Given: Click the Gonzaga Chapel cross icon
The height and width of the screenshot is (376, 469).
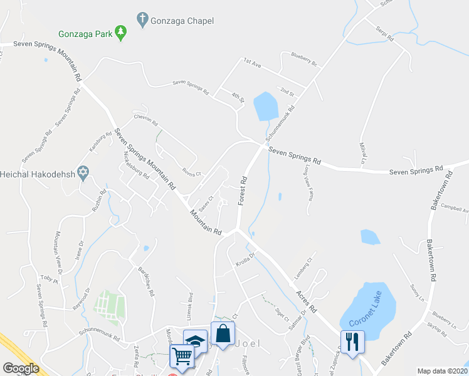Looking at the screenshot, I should pos(142,21).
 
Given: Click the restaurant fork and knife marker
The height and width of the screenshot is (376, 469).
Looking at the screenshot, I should pos(352,342).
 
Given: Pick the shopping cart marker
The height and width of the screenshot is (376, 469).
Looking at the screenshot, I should pos(182,356).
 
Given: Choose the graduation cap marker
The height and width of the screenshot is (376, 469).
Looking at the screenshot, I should pos(196,341).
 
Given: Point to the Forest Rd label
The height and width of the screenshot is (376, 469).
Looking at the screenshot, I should pos(243,191).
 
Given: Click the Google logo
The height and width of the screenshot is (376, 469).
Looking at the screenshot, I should pos(21,368).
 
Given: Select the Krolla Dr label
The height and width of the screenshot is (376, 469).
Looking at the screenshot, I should pos(246,258).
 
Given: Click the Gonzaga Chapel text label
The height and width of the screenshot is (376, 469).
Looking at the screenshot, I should pos(182,21).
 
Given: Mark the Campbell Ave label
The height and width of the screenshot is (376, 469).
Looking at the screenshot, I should pos(455,208).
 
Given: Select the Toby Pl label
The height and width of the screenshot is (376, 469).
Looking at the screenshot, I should pos(48,279).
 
